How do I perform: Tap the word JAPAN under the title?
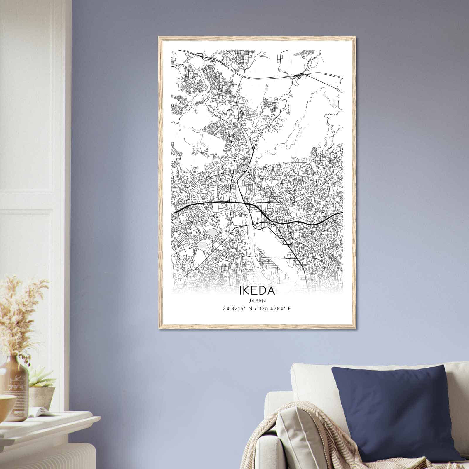coord(257,300)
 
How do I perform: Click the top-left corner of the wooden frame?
coord(159,38)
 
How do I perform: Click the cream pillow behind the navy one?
coord(311,381)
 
